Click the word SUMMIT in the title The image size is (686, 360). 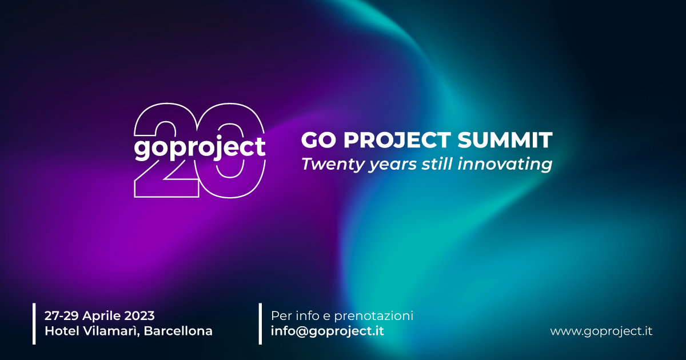point(505,140)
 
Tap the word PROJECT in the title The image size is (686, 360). point(397,140)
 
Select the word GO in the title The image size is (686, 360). point(318,140)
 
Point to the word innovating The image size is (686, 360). point(505,164)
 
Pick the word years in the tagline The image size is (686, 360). point(392,165)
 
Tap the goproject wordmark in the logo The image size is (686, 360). point(200,148)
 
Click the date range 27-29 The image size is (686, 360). point(62,315)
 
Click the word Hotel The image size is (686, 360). point(62,331)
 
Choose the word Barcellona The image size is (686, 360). point(178,331)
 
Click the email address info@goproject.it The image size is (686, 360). point(328,331)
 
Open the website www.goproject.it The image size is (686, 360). point(601,331)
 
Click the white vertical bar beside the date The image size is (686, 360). point(34,324)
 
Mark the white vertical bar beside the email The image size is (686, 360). point(260,324)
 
